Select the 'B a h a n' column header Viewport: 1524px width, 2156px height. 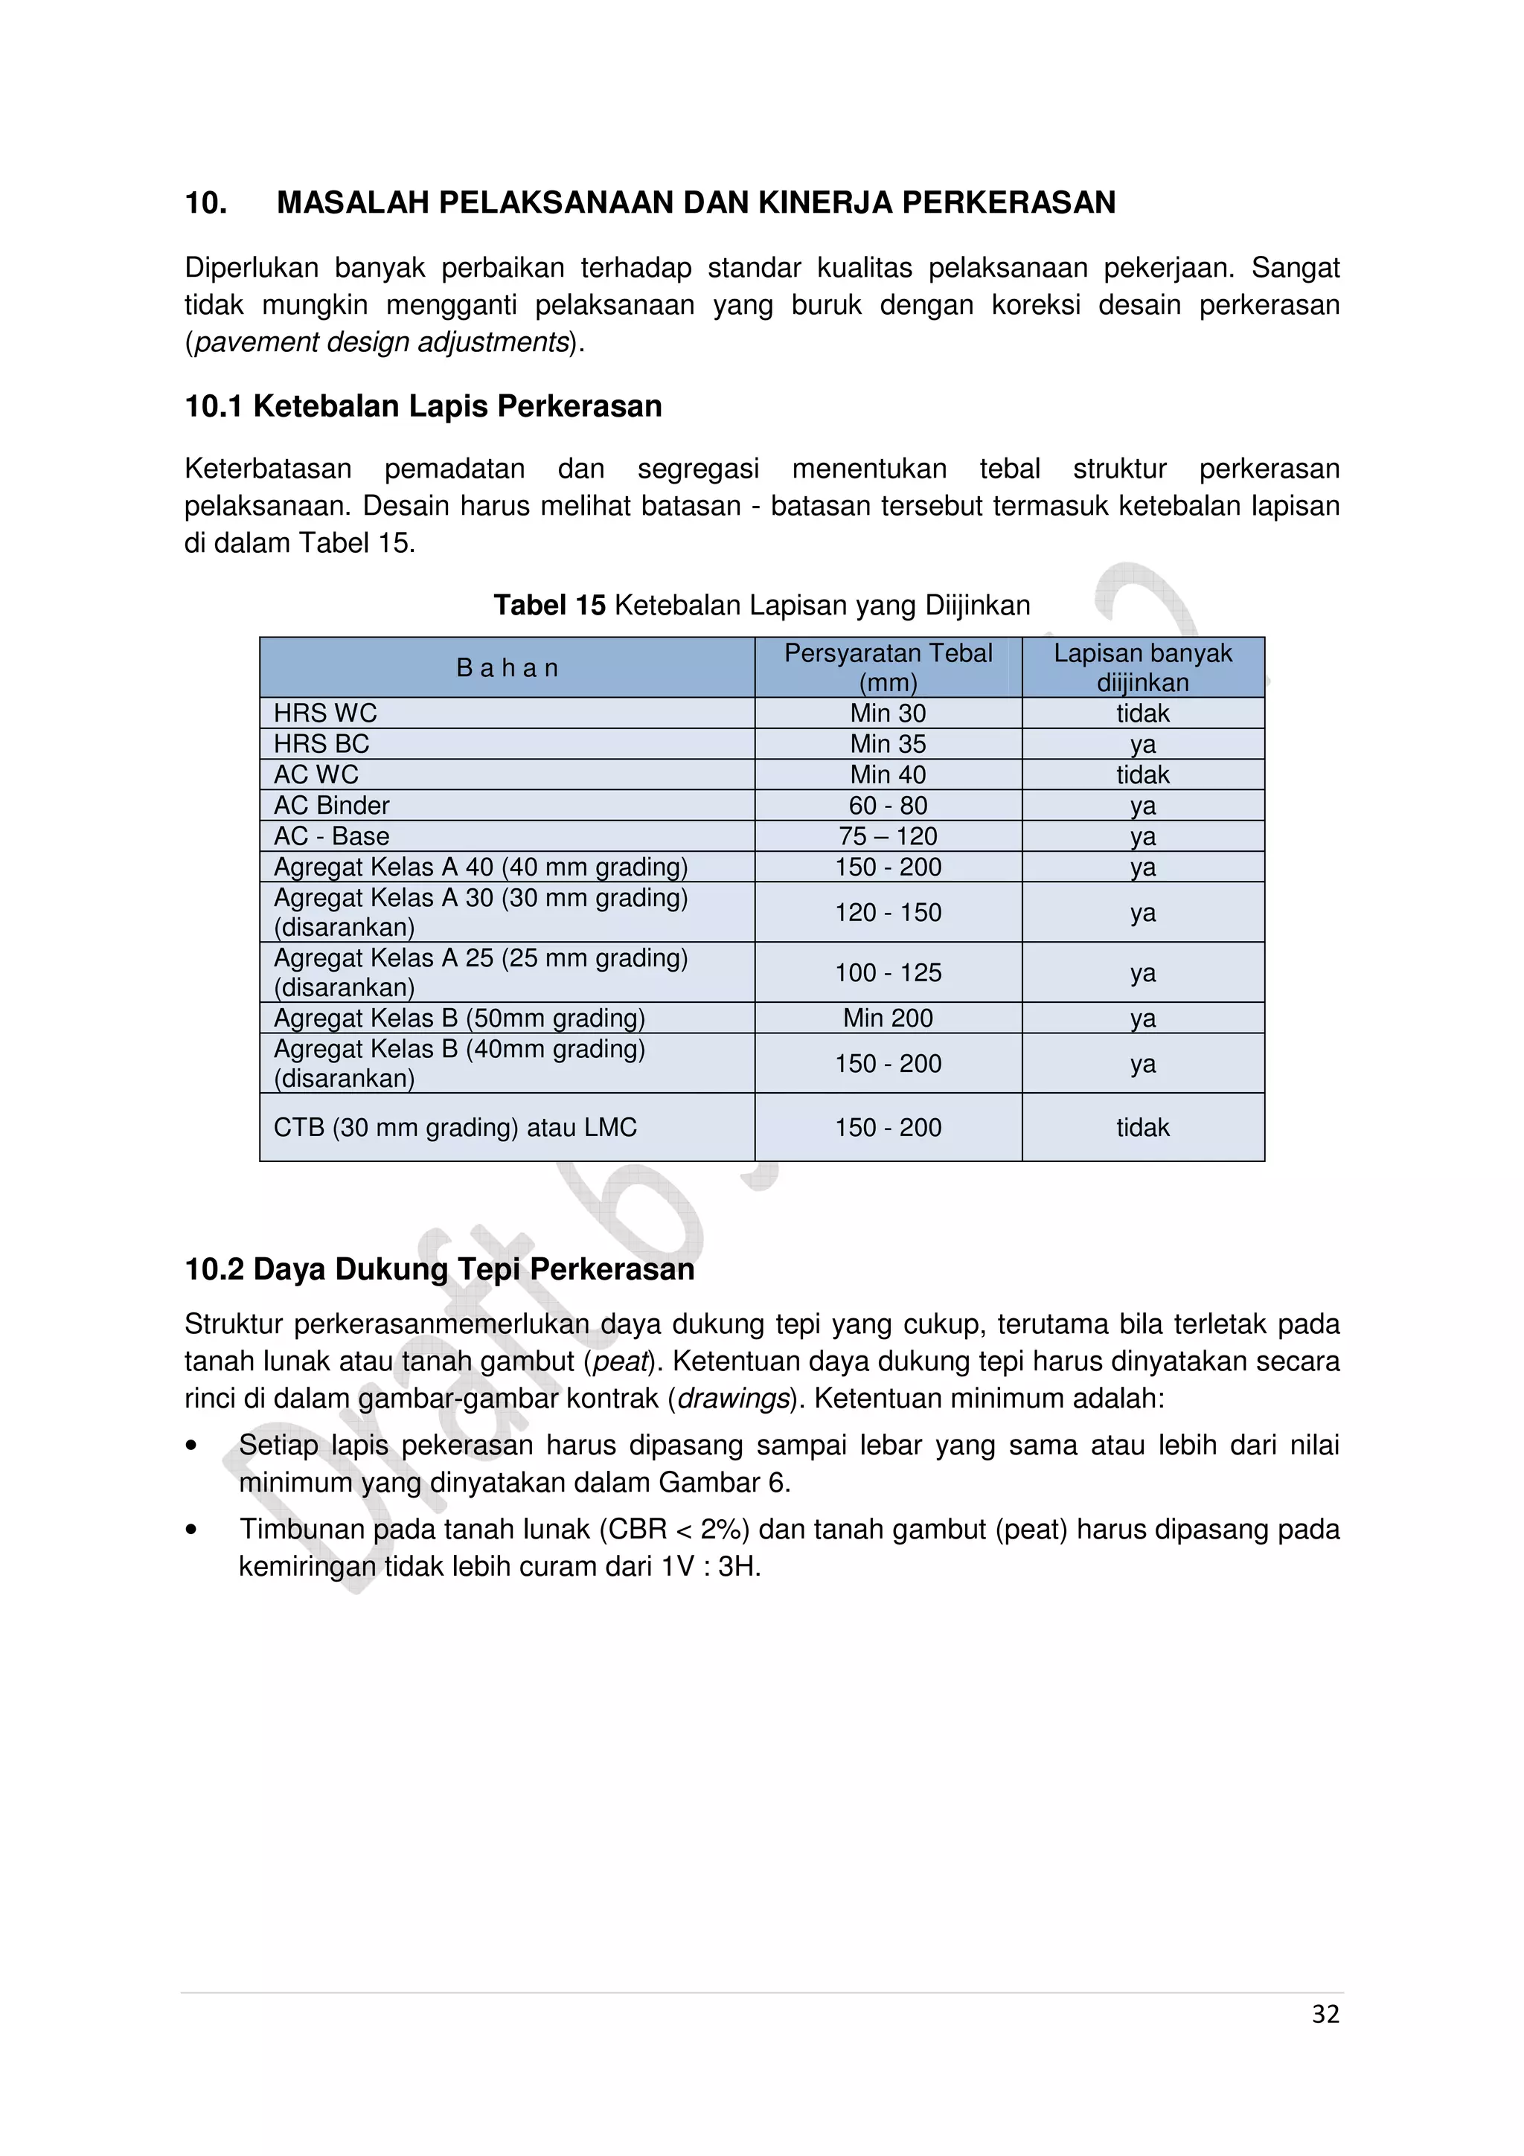[507, 667]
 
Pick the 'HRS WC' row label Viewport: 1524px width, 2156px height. [325, 713]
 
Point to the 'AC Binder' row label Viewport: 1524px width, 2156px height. [330, 806]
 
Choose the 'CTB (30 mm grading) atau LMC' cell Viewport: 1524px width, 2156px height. [455, 1127]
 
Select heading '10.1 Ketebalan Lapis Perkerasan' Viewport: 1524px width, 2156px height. [423, 407]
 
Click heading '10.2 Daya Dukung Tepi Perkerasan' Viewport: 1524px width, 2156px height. [440, 1268]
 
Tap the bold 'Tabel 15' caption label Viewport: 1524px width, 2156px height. [549, 606]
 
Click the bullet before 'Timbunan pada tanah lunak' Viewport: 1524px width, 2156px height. [191, 1530]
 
